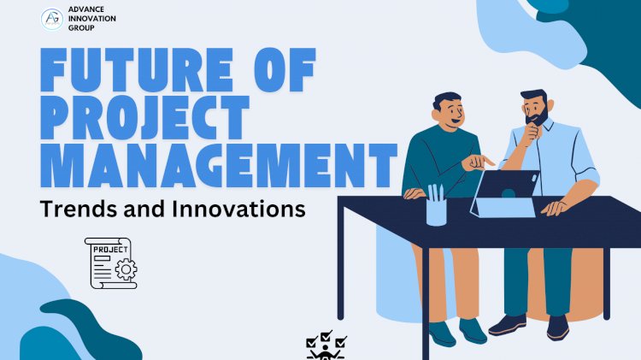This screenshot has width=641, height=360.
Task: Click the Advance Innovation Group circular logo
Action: tap(51, 20)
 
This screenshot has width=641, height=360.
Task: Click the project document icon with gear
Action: tap(111, 263)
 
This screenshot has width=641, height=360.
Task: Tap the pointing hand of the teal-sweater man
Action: tap(483, 160)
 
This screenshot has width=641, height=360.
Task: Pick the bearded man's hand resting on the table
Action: tap(556, 206)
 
